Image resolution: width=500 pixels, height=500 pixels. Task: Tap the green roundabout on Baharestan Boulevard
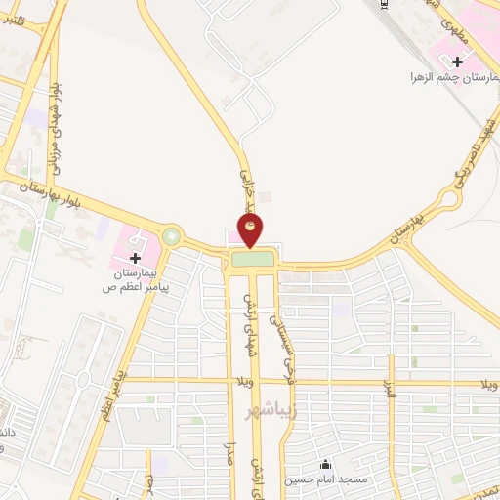(172, 235)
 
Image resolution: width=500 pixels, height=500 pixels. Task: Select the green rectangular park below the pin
(252, 259)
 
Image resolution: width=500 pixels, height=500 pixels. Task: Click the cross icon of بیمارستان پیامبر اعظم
(135, 258)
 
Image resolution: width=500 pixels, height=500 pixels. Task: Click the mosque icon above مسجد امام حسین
(324, 464)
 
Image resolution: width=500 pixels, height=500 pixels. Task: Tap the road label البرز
(387, 396)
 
